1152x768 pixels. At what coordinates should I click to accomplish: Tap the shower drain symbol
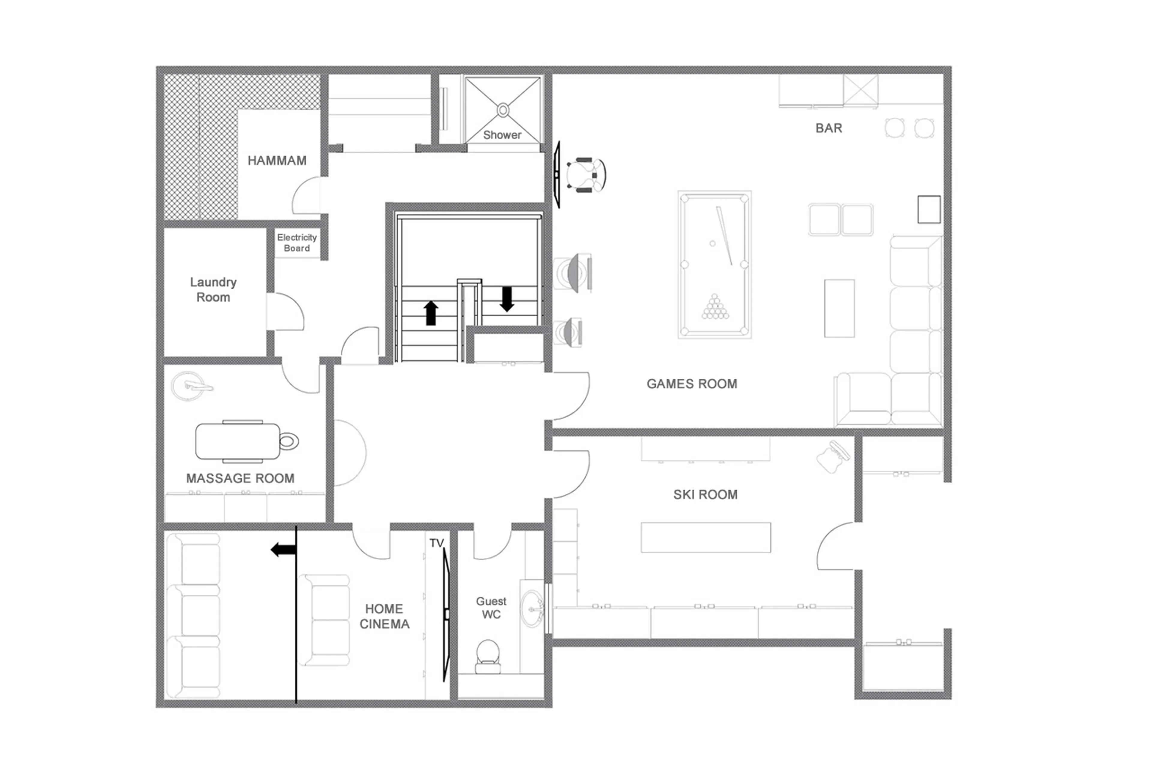(x=503, y=110)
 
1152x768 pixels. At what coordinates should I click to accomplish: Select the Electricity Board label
(x=297, y=242)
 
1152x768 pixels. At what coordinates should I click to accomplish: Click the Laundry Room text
(x=213, y=290)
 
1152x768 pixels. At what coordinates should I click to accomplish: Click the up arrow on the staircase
(x=431, y=313)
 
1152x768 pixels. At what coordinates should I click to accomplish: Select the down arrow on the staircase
(x=507, y=299)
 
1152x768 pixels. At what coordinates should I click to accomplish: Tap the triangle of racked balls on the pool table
(x=715, y=308)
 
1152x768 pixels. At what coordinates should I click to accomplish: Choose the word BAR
(x=828, y=128)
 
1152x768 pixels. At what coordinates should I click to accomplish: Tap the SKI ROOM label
(x=705, y=495)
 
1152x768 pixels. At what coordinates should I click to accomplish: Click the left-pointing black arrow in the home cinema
(x=283, y=550)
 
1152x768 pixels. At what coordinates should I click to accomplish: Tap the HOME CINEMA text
(x=384, y=616)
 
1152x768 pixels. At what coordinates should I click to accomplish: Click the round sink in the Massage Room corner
(x=188, y=386)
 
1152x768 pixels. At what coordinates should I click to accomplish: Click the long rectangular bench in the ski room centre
(x=706, y=537)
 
